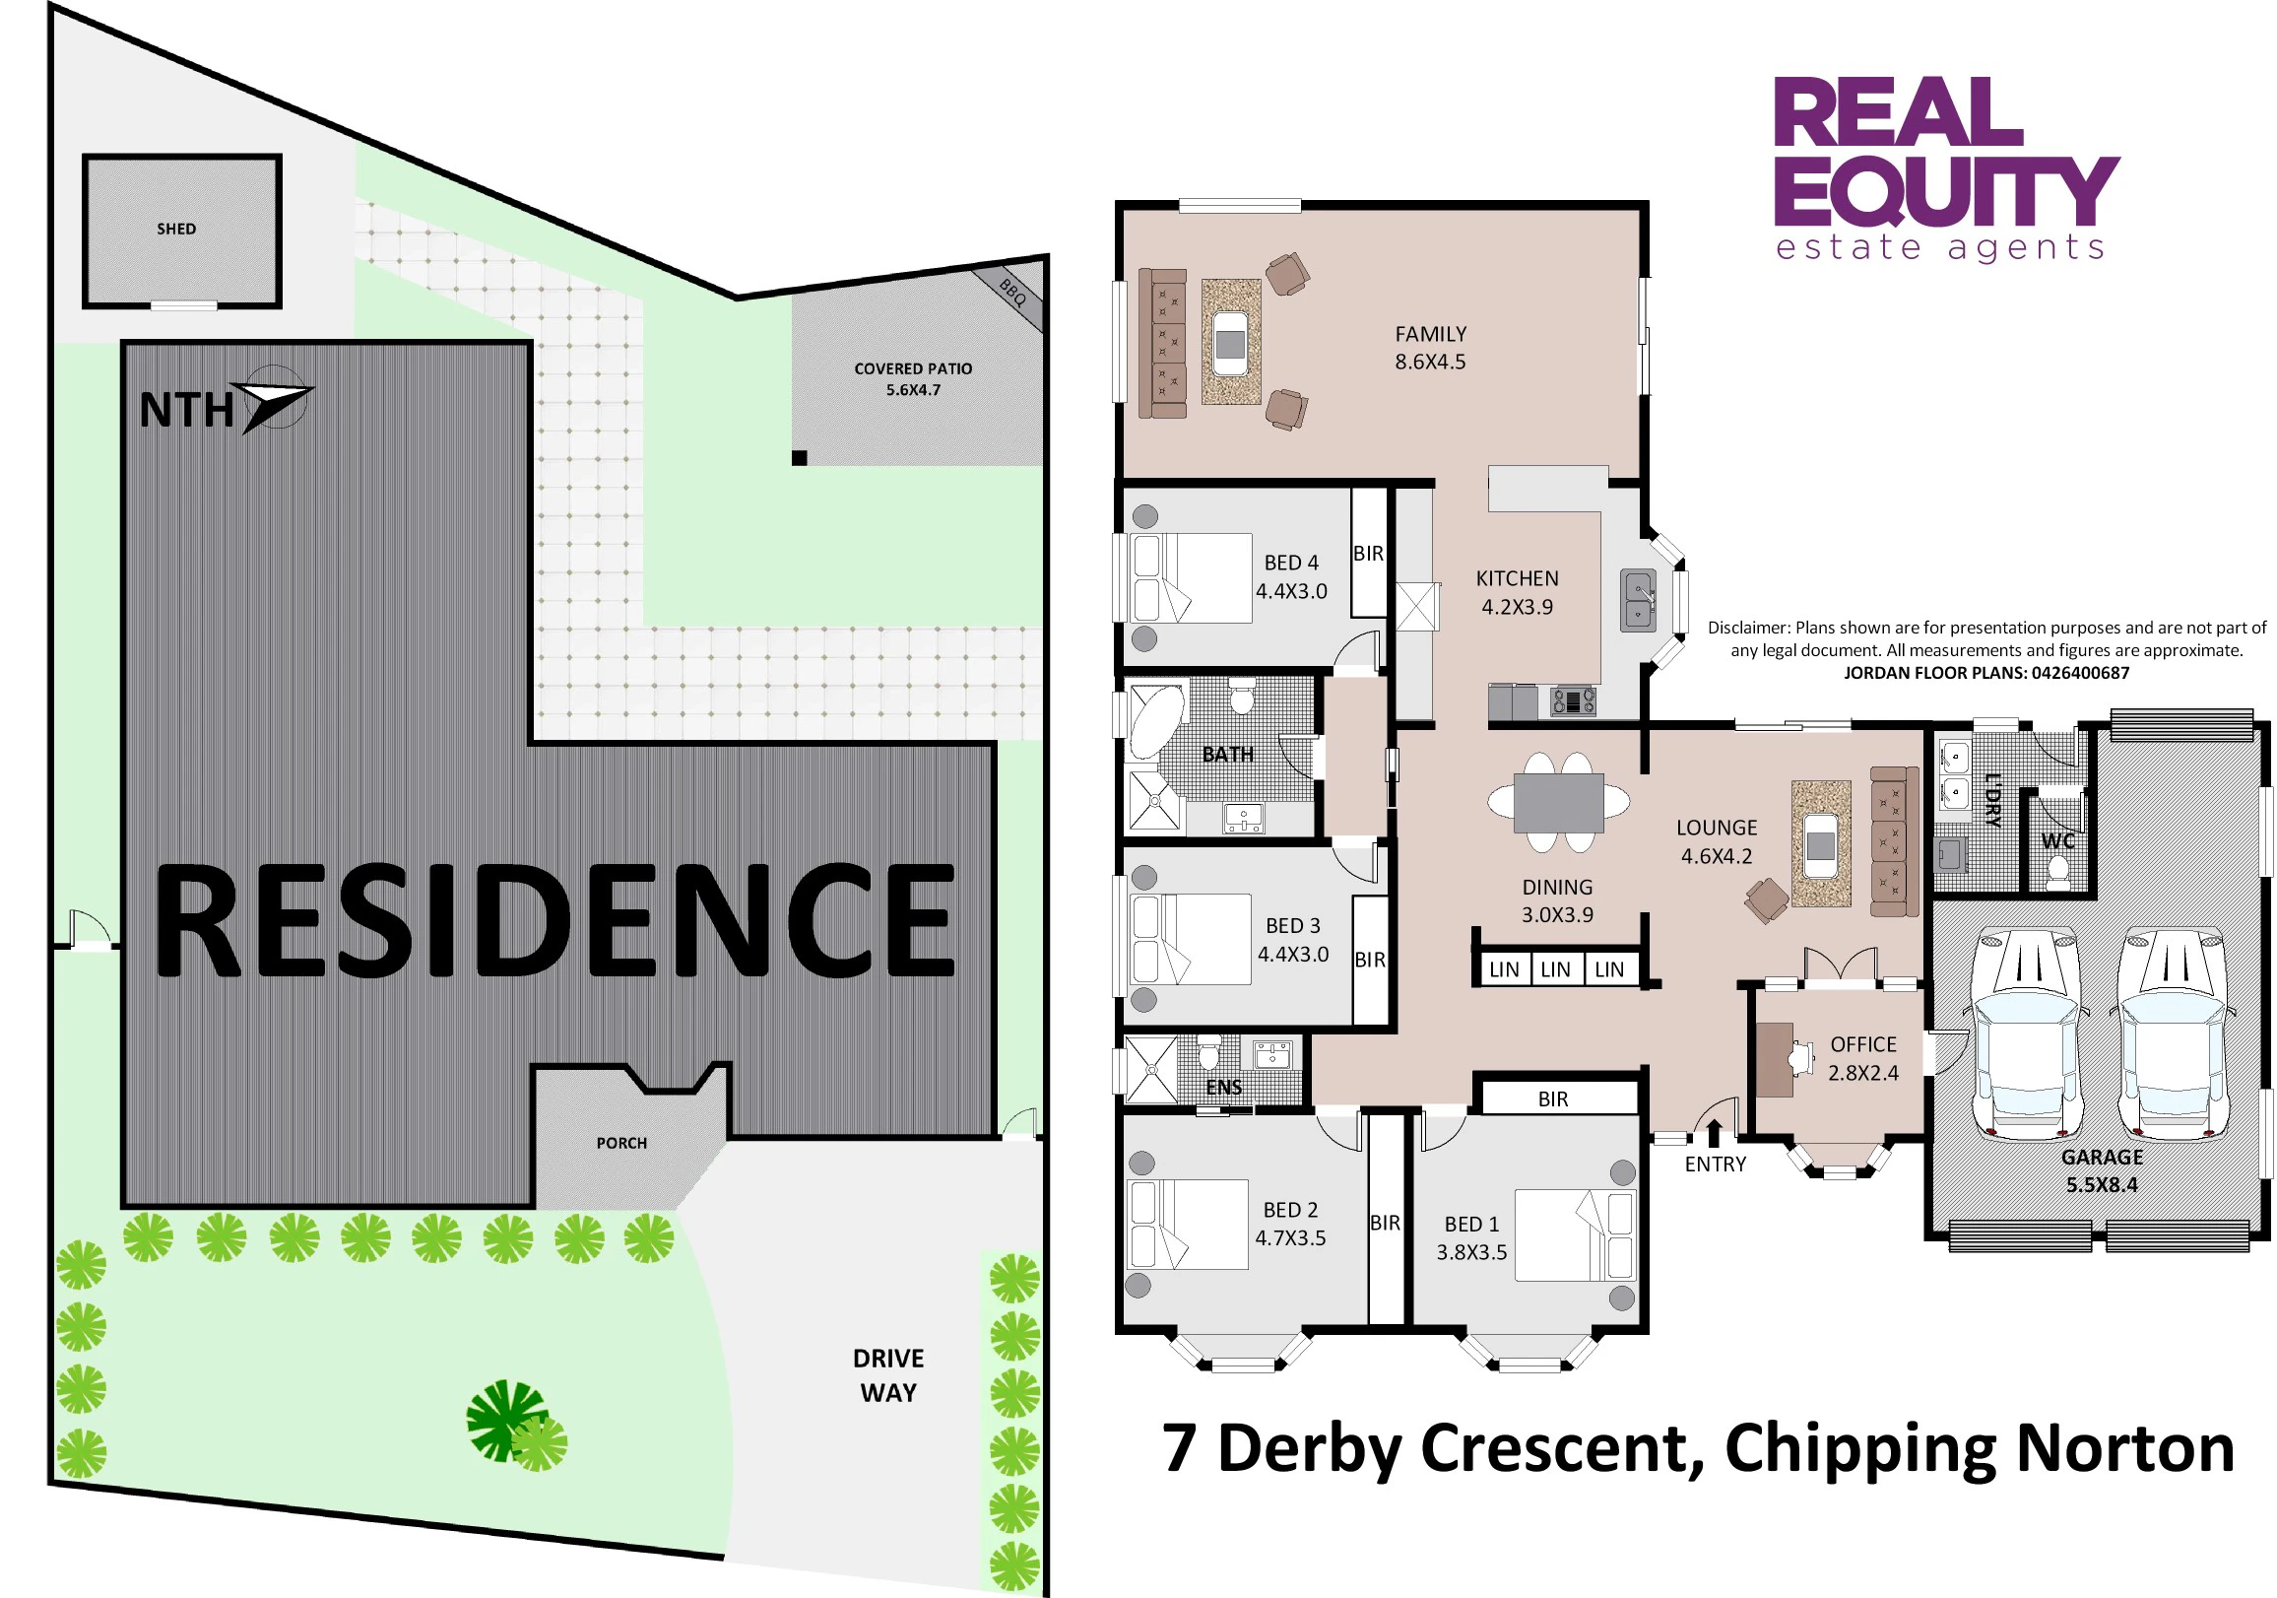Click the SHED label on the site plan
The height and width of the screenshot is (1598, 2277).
(176, 230)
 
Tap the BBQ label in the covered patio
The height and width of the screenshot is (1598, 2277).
(1012, 292)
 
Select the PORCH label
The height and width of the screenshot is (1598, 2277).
(621, 1143)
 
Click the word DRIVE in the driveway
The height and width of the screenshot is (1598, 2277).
(888, 1358)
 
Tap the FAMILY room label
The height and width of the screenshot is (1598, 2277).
(1430, 334)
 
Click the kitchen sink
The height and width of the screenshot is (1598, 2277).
(1639, 599)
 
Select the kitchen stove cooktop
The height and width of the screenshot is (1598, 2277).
(1574, 701)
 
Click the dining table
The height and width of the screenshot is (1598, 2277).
(1559, 803)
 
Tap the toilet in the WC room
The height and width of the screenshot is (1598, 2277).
(2058, 872)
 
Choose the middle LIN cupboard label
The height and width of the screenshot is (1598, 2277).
(1555, 969)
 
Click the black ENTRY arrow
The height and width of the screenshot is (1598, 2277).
(1714, 1133)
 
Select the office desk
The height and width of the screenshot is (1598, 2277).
(1775, 1059)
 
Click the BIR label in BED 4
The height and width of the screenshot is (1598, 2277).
(1369, 554)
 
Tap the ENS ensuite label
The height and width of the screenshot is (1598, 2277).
(1224, 1087)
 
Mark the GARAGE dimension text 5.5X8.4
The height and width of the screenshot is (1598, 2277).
(2102, 1184)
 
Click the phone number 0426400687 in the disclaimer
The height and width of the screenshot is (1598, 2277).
(2080, 673)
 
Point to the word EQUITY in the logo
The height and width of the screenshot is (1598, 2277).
(1947, 191)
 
